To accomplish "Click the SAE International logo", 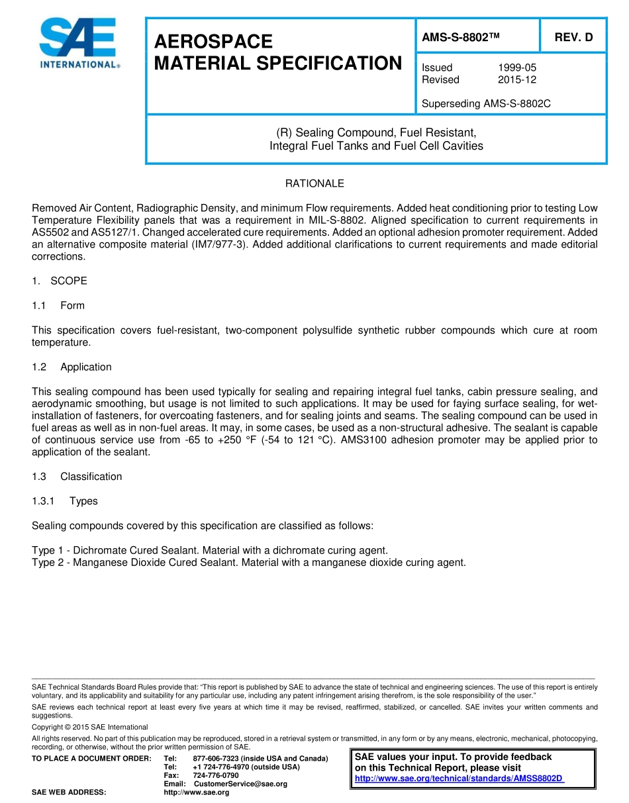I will pos(78,44).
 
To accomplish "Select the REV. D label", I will pos(573,38).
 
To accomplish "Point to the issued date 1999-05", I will pos(517,68).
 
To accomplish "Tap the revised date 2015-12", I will pos(517,79).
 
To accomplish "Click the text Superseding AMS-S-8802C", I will pos(486,104).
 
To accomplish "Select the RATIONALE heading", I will pos(314,183).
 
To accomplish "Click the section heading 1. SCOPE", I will pos(60,281).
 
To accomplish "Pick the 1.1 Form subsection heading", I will pos(58,305).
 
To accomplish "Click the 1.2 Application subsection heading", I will pos(72,367).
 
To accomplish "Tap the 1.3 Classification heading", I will pos(77,477).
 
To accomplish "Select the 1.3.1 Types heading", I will pos(65,501).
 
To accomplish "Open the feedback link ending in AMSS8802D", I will pos(459,779).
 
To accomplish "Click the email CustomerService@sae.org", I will pos(240,784).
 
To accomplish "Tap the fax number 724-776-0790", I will pos(216,775).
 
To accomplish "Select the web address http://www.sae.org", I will pos(196,792).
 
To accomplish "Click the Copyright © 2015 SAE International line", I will pos(90,727).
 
